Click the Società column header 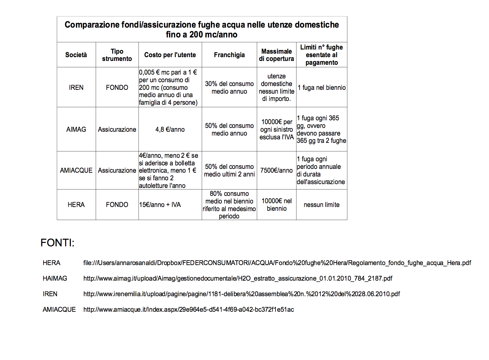click(x=76, y=55)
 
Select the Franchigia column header click(x=229, y=55)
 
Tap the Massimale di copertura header click(x=276, y=55)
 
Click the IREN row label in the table click(x=76, y=87)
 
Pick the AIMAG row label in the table click(x=76, y=129)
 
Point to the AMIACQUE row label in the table click(x=76, y=170)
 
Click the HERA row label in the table click(x=76, y=204)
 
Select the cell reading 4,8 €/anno click(x=170, y=129)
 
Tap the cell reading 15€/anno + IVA click(x=160, y=204)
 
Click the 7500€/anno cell click(x=276, y=170)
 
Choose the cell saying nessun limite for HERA click(x=322, y=204)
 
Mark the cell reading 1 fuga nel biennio click(x=322, y=87)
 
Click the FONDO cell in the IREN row click(x=117, y=87)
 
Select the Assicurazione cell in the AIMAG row click(x=117, y=129)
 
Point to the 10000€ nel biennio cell click(x=276, y=204)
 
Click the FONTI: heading click(x=57, y=243)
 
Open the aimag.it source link click(x=238, y=278)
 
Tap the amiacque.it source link click(x=188, y=310)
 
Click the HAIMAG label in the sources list click(x=55, y=278)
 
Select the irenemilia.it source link click(x=241, y=294)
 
